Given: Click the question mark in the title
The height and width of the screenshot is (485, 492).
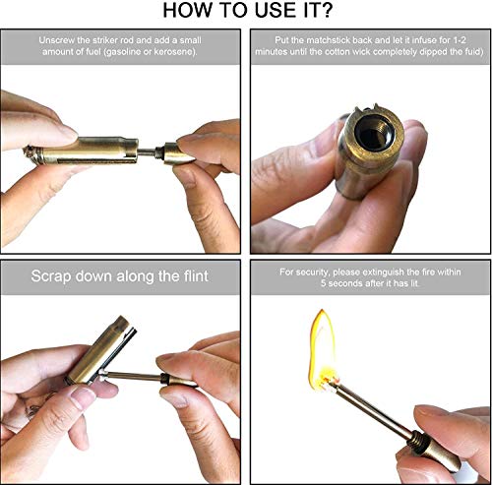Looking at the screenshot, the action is pos(325,10).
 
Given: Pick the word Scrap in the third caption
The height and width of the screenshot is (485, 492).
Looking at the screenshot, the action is pos(51,276).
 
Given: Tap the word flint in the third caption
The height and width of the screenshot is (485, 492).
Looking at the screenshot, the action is pos(196,276).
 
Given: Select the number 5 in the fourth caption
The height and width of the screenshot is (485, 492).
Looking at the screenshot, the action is pos(324,283).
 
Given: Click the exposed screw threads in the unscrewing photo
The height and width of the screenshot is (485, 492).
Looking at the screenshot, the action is pos(159,152).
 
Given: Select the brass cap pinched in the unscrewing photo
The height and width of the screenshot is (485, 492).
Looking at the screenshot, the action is pos(179,152).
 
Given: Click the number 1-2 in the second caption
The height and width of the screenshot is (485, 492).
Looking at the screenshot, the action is pos(460,40).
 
